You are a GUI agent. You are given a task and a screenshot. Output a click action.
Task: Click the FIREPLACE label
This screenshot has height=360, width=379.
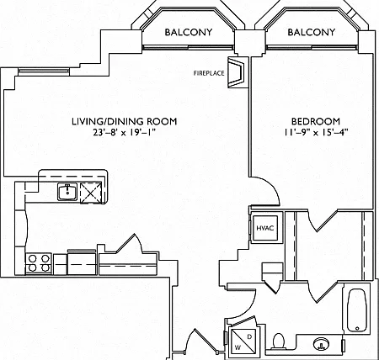(209, 73)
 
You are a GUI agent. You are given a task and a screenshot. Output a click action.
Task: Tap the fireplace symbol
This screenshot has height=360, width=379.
(236, 72)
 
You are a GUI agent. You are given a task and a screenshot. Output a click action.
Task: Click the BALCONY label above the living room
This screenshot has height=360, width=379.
(189, 32)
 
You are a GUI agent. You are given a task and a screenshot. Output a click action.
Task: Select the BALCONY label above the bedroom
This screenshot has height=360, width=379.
(312, 32)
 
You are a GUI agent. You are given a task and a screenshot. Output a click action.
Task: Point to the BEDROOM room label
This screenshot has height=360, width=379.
(316, 121)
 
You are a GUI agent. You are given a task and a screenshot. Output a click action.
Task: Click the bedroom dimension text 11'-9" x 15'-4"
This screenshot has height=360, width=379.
(316, 132)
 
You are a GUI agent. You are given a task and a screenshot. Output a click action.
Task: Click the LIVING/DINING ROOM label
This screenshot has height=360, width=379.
(125, 121)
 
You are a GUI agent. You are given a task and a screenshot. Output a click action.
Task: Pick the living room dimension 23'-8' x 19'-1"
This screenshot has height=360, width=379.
(125, 132)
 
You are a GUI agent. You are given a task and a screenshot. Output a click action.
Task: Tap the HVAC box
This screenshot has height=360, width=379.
(265, 228)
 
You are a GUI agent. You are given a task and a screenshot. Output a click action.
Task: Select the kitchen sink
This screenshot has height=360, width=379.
(67, 192)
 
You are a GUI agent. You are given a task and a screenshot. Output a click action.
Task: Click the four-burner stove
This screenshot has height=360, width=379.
(39, 263)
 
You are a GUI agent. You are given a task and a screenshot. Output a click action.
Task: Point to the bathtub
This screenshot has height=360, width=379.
(356, 310)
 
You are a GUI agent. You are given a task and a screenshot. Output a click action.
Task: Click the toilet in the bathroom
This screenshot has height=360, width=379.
(279, 341)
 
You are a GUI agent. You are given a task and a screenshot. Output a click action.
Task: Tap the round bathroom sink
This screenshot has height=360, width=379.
(321, 343)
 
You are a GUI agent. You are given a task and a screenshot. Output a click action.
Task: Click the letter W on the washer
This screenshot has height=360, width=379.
(238, 348)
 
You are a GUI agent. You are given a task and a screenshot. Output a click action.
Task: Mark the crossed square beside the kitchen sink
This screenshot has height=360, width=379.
(90, 192)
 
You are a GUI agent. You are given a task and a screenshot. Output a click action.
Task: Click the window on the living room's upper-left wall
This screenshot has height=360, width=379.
(44, 71)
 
